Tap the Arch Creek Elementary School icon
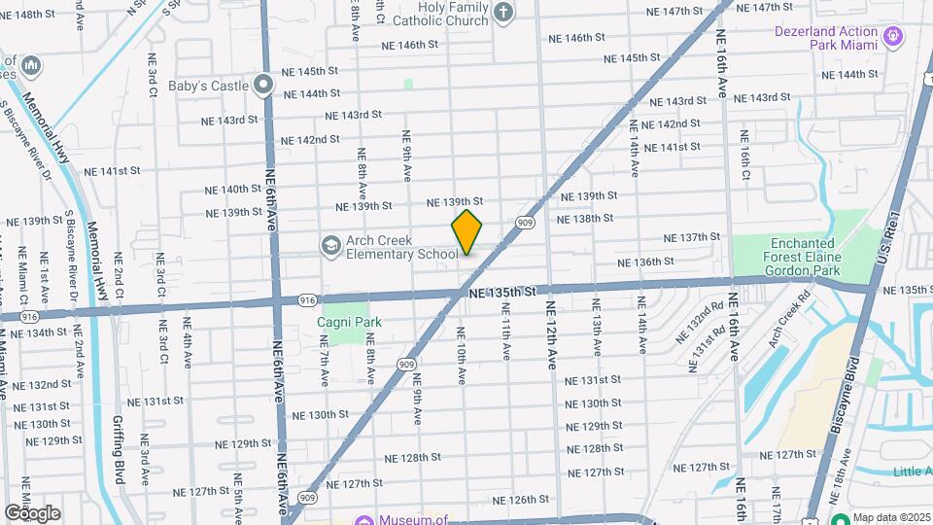[331, 245]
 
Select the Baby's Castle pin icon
[263, 86]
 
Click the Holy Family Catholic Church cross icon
[502, 12]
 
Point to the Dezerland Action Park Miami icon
[894, 38]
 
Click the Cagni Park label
[348, 322]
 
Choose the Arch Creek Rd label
[788, 322]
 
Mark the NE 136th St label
[646, 262]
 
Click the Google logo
[32, 513]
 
